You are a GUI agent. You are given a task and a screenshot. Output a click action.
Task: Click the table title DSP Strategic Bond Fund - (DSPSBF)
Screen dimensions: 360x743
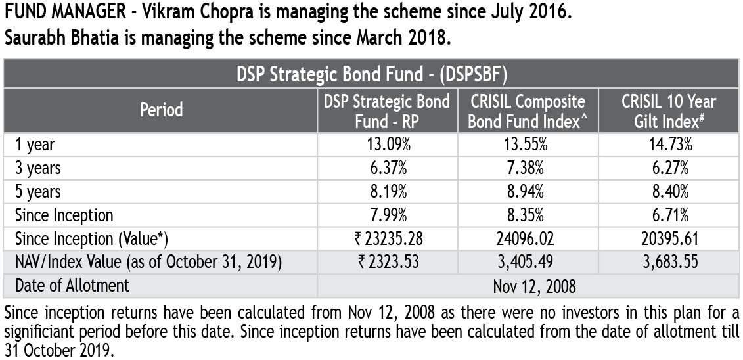[371, 74]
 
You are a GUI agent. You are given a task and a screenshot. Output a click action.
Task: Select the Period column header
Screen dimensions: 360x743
[161, 110]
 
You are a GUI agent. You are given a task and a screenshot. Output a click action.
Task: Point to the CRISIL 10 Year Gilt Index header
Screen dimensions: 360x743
[669, 110]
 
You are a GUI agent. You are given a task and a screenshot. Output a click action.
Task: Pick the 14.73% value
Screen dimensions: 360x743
[669, 145]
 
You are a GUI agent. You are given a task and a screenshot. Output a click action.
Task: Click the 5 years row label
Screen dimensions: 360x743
[38, 192]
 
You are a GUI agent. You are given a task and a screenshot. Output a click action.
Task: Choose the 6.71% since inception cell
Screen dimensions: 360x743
[669, 215]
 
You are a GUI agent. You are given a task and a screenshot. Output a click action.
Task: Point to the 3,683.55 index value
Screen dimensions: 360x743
[669, 262]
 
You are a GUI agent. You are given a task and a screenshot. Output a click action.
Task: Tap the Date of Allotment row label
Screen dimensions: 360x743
[72, 286]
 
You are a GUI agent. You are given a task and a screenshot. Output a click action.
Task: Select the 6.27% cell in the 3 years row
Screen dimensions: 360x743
[669, 168]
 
